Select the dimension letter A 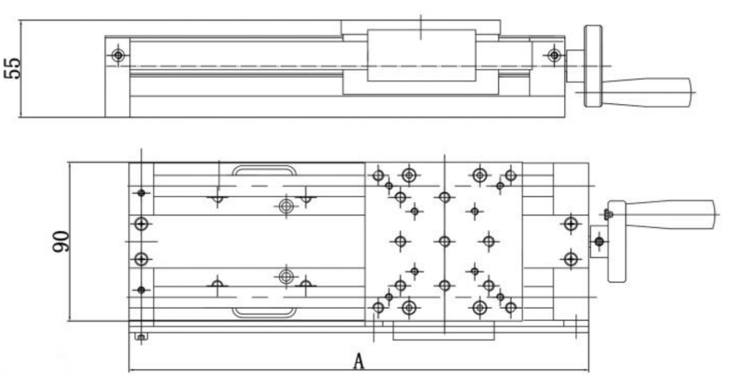tap(358, 362)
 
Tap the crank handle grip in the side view tap(654, 92)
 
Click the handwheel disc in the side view tap(593, 67)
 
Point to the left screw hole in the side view tap(118, 55)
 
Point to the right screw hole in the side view tap(554, 55)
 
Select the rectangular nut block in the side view tap(421, 55)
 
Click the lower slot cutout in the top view tap(264, 312)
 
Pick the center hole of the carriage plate tap(444, 241)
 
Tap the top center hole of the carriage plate tap(444, 197)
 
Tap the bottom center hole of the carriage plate tap(444, 286)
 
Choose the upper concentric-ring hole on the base tap(286, 206)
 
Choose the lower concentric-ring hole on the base tap(286, 276)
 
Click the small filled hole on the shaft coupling tap(598, 242)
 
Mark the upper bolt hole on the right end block tap(570, 224)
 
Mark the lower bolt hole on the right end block tap(570, 259)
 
